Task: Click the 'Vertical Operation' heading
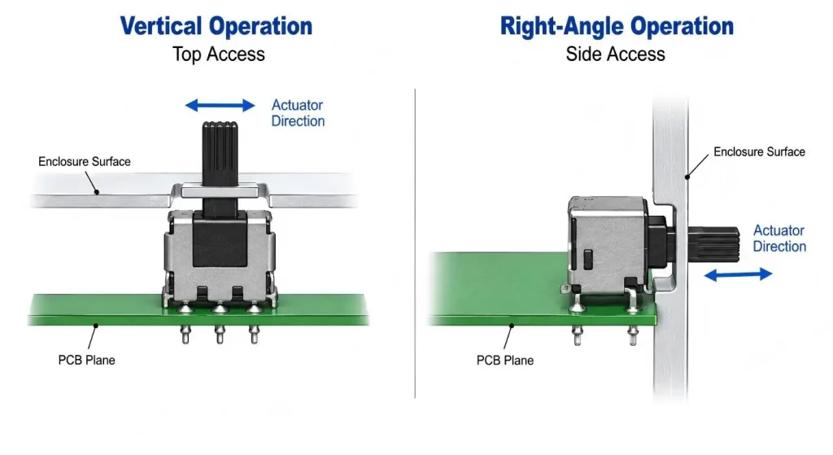coord(216,26)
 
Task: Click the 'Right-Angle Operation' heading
coord(617,26)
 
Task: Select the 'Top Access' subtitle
coord(218,55)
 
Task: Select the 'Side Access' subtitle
coord(615,55)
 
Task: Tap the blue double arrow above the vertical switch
coord(220,105)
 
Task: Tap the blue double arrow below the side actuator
coord(738,274)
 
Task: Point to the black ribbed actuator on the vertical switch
coord(220,154)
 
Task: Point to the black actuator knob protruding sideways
coord(713,244)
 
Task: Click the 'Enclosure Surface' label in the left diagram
coord(85,162)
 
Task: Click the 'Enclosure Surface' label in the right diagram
coord(759,152)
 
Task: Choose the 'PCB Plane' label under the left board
coord(86,361)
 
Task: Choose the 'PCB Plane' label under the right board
coord(504,361)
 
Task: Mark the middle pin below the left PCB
coord(220,335)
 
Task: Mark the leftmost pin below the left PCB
coord(185,335)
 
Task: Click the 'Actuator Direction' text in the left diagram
coord(298,113)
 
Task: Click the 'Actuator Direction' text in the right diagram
coord(779,238)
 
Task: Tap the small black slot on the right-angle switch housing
coord(587,260)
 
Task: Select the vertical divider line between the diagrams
coord(415,243)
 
